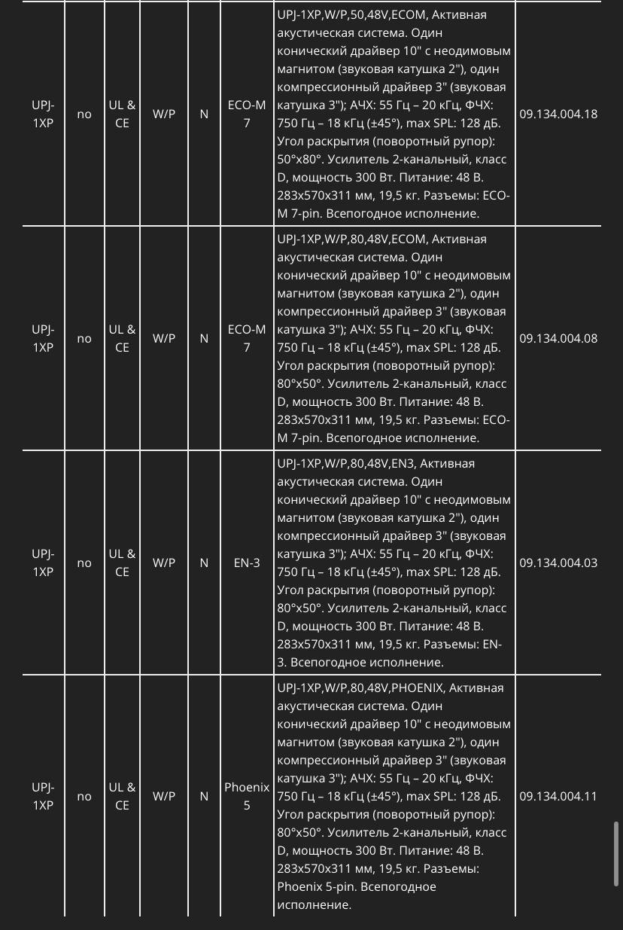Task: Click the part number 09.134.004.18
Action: click(x=558, y=114)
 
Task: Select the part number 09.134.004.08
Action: click(x=558, y=339)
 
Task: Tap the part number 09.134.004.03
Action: click(x=558, y=563)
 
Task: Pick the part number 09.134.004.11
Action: click(x=558, y=797)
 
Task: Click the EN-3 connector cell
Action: click(x=247, y=563)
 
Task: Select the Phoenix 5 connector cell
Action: click(x=247, y=797)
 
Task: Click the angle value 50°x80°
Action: click(x=299, y=160)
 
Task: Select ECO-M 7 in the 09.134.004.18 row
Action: click(x=247, y=114)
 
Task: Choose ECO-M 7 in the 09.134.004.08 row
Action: click(x=247, y=339)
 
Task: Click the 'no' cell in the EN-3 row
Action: click(x=84, y=563)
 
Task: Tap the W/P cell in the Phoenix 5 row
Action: click(x=164, y=797)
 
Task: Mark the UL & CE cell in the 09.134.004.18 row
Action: click(x=122, y=114)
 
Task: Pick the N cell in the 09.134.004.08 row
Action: click(x=204, y=339)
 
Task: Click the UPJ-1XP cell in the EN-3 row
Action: click(x=43, y=563)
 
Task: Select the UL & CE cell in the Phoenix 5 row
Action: click(x=122, y=797)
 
